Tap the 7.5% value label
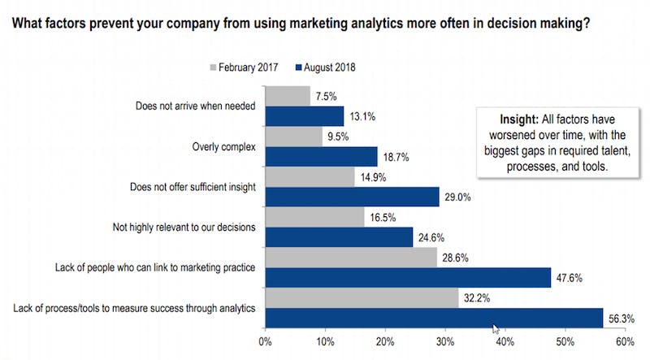[326, 97]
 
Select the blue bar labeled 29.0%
[353, 197]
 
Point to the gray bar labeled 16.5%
[314, 216]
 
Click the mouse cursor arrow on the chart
[496, 328]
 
